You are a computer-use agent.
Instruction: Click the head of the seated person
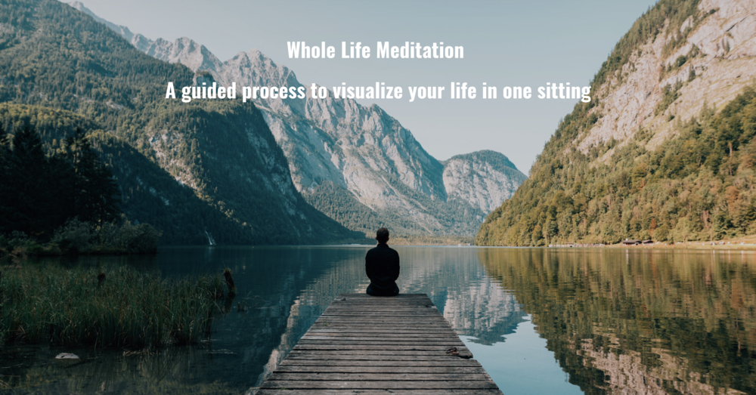(x=383, y=235)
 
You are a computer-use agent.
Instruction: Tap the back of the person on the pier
(x=383, y=264)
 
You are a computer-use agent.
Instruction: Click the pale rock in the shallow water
(x=67, y=355)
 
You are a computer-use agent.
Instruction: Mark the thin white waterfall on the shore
(x=210, y=239)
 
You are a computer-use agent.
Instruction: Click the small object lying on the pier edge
(x=453, y=350)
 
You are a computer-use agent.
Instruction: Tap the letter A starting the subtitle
(x=171, y=92)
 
